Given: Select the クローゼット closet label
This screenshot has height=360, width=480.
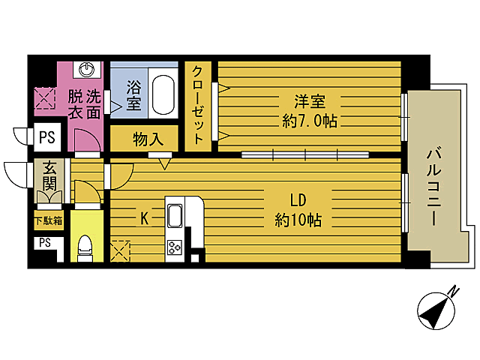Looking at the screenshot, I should (x=198, y=106).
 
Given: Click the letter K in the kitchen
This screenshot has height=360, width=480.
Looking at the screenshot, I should (x=146, y=217).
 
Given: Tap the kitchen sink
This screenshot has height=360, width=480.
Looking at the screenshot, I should (x=175, y=215).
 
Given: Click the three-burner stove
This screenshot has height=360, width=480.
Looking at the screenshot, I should (x=175, y=247).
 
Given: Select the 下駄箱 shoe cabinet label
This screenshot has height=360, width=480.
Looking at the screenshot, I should (x=47, y=220).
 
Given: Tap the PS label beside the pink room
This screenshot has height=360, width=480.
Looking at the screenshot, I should (x=46, y=137).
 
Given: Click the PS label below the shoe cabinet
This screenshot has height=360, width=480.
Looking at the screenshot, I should (x=44, y=242).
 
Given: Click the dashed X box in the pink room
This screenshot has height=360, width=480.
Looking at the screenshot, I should (x=43, y=98).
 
